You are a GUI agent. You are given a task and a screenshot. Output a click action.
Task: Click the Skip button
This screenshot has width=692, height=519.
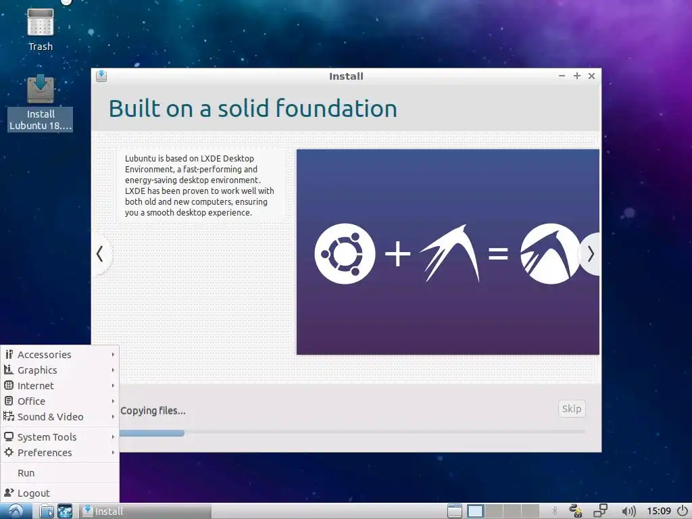pos(572,409)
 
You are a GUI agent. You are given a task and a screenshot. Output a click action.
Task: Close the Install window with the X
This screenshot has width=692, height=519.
pos(591,76)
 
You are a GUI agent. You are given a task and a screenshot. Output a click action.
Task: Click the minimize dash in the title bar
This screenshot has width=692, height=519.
pos(562,76)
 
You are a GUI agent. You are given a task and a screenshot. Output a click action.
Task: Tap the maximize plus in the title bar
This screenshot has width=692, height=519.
pos(577,76)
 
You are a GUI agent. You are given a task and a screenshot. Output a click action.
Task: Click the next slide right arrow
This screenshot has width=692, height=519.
pos(591,254)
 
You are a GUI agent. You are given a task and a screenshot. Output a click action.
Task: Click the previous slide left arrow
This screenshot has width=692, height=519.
pos(100,254)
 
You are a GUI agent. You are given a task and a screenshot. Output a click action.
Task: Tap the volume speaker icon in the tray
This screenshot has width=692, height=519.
pos(628,511)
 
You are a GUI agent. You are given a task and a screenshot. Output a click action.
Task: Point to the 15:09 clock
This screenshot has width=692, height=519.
pos(658,511)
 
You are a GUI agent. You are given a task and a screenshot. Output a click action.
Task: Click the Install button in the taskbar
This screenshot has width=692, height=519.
pos(146,511)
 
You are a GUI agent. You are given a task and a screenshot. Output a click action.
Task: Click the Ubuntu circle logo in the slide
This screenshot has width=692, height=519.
pos(345,254)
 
